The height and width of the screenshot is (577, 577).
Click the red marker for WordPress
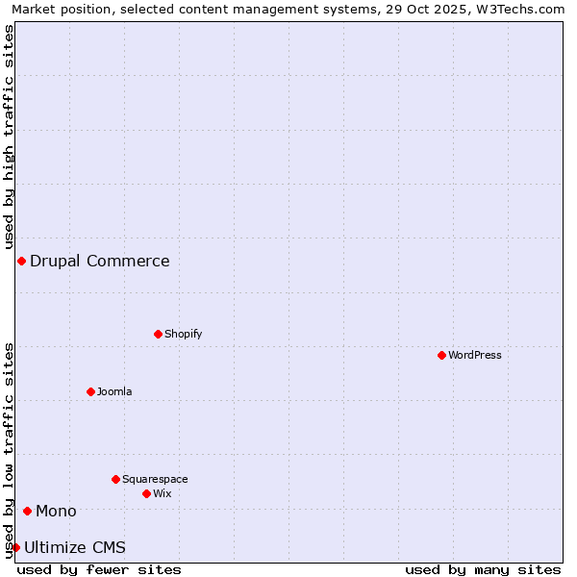(441, 355)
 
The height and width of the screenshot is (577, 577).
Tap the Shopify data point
(158, 334)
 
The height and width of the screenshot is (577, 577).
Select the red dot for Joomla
(90, 391)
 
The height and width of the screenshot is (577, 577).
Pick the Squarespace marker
(115, 479)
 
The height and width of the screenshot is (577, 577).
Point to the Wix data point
(146, 493)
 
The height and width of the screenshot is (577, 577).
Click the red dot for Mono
(27, 511)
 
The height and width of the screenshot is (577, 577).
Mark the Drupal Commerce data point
(21, 261)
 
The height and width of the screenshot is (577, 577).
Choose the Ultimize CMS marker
(15, 547)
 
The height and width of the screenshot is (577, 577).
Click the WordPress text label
(475, 355)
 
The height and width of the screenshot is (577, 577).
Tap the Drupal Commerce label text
(100, 261)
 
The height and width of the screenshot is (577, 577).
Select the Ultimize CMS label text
(75, 547)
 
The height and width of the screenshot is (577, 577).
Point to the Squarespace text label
(155, 479)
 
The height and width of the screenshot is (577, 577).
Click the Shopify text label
(183, 334)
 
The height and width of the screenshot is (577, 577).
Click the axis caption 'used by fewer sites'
(99, 569)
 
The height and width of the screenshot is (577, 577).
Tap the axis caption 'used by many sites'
(483, 569)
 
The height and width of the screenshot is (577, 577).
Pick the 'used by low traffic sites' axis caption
(9, 450)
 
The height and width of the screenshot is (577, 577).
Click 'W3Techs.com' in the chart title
(525, 9)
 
